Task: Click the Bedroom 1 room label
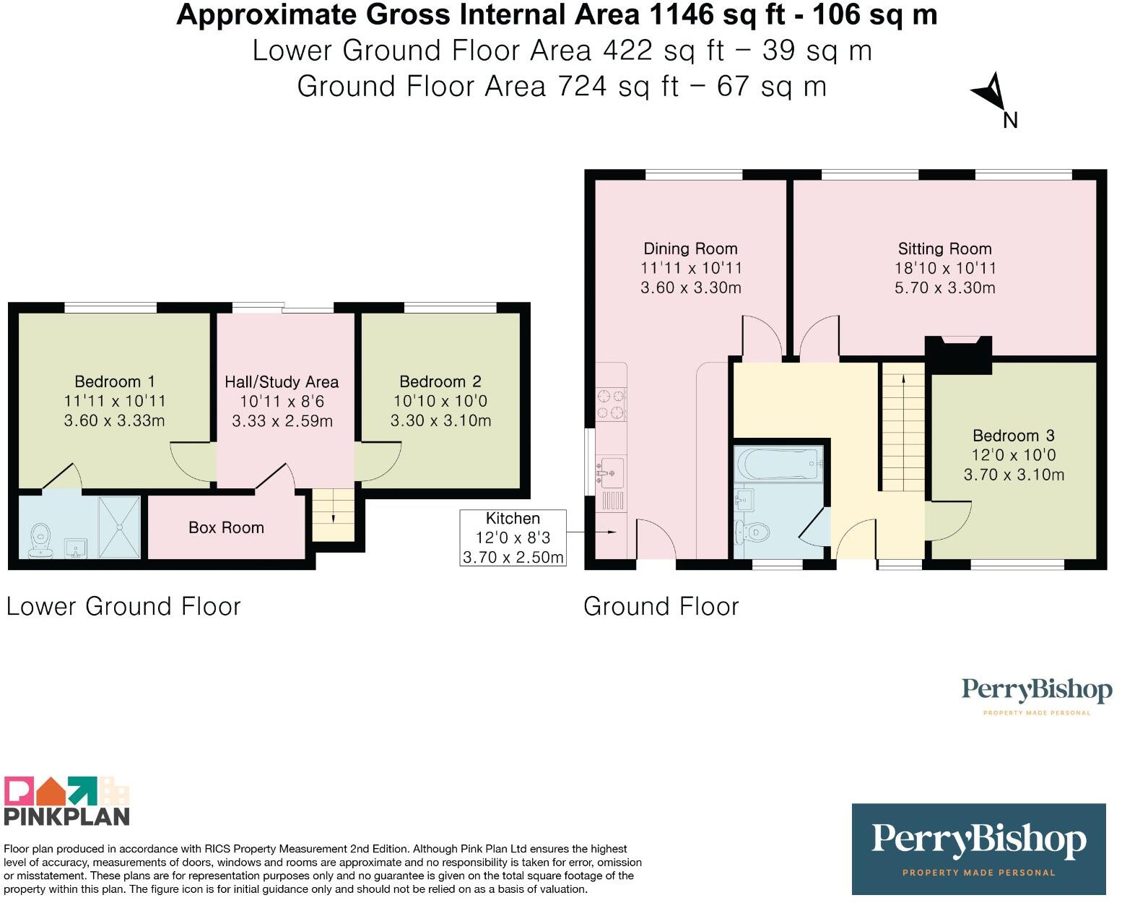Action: coord(115,381)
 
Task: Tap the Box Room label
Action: coord(226,527)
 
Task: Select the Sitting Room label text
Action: coord(944,249)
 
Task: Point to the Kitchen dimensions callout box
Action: coord(513,538)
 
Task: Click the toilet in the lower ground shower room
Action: coord(40,540)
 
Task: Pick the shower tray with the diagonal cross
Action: coord(119,527)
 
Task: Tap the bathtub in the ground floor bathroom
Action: coord(778,463)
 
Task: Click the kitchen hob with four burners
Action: coord(612,405)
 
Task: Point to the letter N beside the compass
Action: coord(1010,121)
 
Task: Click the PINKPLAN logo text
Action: coord(66,816)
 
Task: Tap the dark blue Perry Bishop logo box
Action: coord(978,850)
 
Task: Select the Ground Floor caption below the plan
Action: coord(661,606)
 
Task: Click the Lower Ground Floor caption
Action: coord(123,606)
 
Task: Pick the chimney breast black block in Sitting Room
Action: coord(958,355)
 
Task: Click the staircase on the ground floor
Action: coord(903,427)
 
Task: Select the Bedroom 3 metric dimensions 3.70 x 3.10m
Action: coord(1014,475)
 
